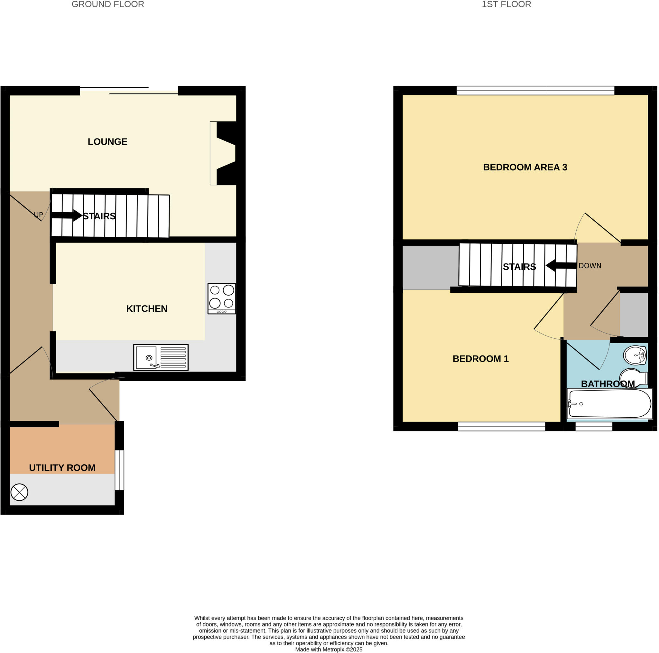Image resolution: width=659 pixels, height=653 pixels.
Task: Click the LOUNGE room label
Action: tap(107, 142)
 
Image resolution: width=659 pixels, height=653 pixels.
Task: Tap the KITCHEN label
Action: tap(147, 308)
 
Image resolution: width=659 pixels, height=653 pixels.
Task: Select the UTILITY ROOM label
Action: tap(62, 468)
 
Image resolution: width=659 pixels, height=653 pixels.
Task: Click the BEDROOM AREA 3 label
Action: tap(525, 167)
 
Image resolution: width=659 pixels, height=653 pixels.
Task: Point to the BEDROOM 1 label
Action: tap(480, 359)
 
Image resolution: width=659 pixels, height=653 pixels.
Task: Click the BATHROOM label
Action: tap(608, 384)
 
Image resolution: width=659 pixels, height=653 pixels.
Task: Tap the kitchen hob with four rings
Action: tap(222, 298)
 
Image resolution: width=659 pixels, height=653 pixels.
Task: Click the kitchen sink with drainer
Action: tap(161, 357)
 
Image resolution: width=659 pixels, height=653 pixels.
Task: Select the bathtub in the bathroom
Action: tap(610, 404)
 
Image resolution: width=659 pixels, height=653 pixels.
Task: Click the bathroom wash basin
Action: tap(635, 355)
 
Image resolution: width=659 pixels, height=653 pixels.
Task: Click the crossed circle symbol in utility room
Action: tap(19, 492)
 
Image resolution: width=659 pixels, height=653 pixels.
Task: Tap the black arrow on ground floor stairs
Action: tap(67, 215)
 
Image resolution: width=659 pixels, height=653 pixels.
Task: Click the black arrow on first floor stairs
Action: tap(561, 266)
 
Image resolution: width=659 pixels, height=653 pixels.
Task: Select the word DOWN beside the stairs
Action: tap(590, 266)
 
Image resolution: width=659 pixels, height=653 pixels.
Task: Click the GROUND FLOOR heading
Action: tap(108, 5)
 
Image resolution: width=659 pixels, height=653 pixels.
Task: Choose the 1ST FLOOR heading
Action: tap(506, 5)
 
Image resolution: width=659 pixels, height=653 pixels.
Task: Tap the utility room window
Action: tap(119, 470)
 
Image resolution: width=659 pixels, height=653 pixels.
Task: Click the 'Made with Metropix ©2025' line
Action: tap(329, 649)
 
